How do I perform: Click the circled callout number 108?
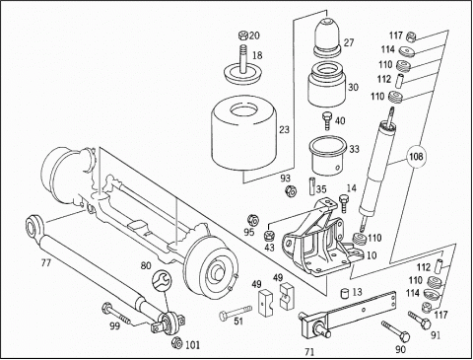pyautogui.click(x=416, y=156)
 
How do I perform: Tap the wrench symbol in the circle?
pyautogui.click(x=162, y=279)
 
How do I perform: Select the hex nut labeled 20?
pyautogui.click(x=243, y=35)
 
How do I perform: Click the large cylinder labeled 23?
pyautogui.click(x=243, y=136)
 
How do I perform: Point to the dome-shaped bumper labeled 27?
pyautogui.click(x=327, y=37)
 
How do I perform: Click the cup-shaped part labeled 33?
pyautogui.click(x=328, y=155)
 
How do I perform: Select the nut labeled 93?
pyautogui.click(x=291, y=190)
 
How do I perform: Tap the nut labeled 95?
pyautogui.click(x=253, y=220)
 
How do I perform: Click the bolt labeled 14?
pyautogui.click(x=343, y=203)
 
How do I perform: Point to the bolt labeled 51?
pyautogui.click(x=236, y=313)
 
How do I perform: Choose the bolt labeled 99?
pyautogui.click(x=116, y=314)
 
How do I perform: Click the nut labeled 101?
pyautogui.click(x=177, y=343)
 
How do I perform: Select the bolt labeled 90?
pyautogui.click(x=396, y=331)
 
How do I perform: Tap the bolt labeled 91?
pyautogui.click(x=420, y=320)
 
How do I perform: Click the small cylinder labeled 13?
pyautogui.click(x=344, y=293)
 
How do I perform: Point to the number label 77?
pyautogui.click(x=46, y=263)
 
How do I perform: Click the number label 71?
pyautogui.click(x=309, y=352)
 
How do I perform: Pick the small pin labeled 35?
pyautogui.click(x=311, y=186)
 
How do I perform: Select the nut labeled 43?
pyautogui.click(x=269, y=236)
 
